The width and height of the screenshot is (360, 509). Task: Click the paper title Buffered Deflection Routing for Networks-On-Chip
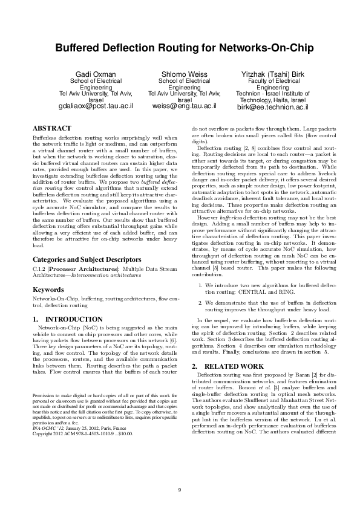180,48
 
